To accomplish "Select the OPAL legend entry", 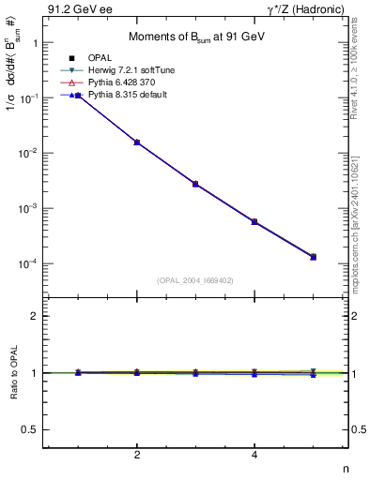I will click(110, 58).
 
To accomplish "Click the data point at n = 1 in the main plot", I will click(78, 95).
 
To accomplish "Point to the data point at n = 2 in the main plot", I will click(137, 142).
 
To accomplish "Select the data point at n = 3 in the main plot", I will click(195, 184).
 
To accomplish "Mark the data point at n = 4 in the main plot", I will click(254, 221).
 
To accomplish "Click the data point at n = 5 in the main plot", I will click(314, 257).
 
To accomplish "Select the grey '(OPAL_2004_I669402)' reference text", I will click(195, 279).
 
